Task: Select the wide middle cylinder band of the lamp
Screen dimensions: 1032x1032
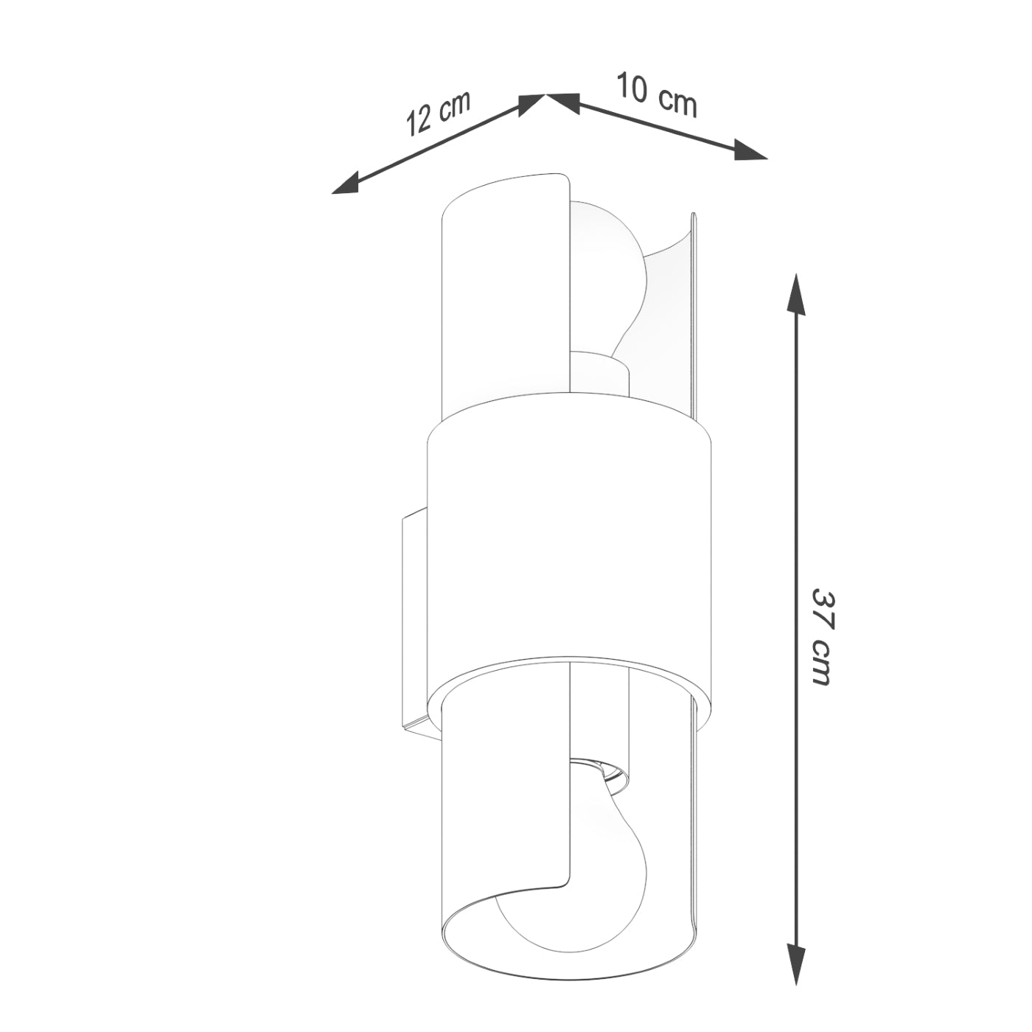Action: click(x=568, y=545)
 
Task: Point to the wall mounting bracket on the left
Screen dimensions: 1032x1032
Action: click(x=414, y=619)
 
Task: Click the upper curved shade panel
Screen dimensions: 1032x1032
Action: click(x=501, y=295)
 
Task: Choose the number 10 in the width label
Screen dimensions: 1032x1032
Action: click(x=632, y=88)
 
